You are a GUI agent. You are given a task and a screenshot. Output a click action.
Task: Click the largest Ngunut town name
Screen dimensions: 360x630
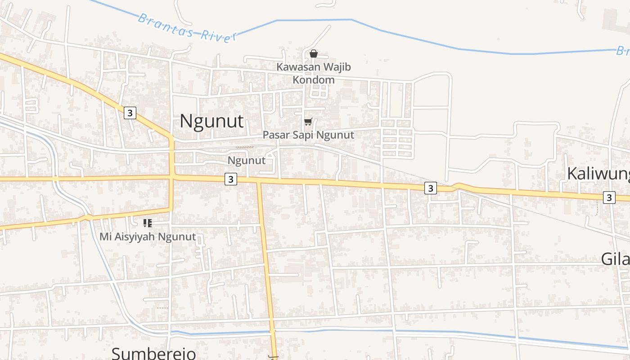pos(211,121)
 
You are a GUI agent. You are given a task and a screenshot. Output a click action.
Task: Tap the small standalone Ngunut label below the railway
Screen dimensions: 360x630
pos(246,161)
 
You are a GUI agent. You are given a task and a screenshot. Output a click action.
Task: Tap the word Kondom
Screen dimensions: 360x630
pos(314,80)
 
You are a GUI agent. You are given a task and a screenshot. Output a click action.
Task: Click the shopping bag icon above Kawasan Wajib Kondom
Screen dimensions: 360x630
pos(314,54)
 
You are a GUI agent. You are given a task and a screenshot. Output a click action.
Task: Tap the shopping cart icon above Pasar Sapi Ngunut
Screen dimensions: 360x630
pos(308,121)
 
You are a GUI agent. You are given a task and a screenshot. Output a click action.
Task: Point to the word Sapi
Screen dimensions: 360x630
pos(303,135)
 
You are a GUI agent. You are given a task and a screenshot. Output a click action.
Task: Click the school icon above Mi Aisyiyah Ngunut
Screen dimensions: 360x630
pos(148,223)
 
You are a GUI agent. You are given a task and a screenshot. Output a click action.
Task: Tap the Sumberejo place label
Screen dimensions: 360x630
pos(153,353)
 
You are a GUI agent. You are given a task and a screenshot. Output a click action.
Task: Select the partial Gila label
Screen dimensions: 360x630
pos(615,259)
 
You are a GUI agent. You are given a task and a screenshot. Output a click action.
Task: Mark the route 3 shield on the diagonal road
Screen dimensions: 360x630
pos(130,112)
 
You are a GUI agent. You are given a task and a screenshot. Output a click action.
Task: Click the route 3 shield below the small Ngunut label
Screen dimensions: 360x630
pos(230,179)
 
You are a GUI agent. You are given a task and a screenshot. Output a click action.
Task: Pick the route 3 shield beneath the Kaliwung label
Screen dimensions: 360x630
pos(609,197)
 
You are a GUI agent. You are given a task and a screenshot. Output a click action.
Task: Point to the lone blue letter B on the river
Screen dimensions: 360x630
pos(622,50)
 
